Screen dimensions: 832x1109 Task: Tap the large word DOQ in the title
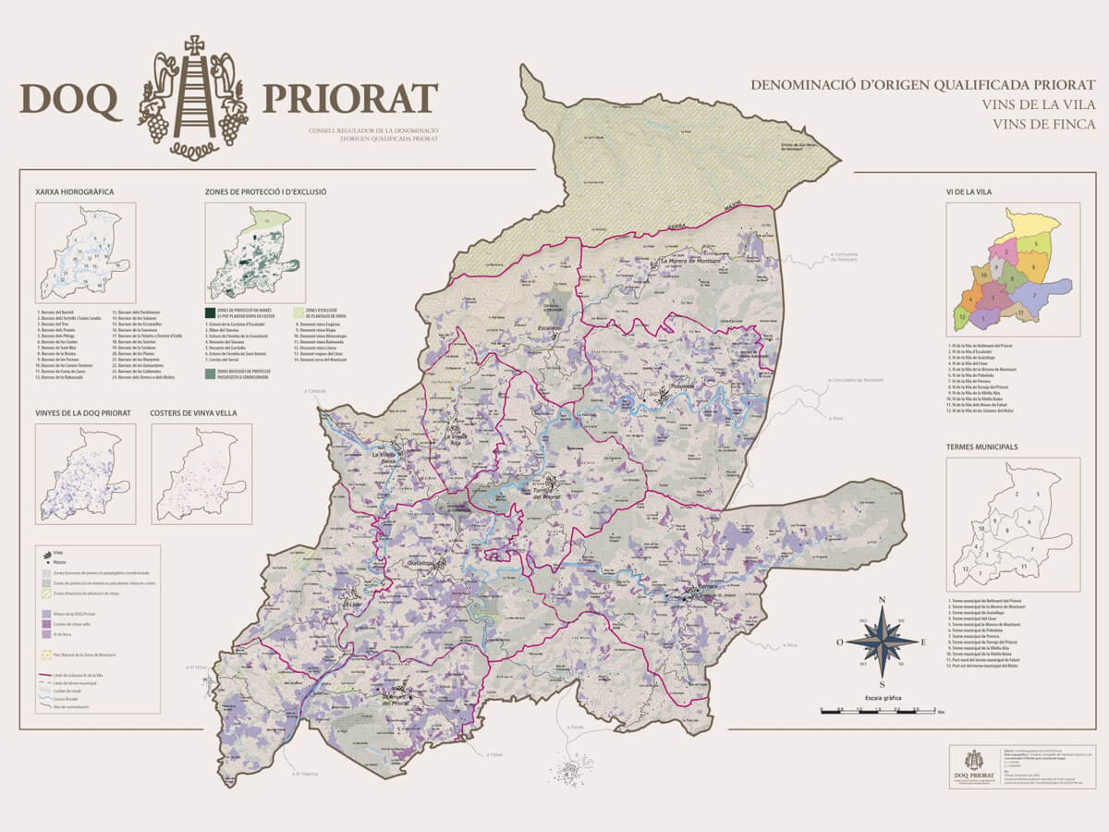pos(70,100)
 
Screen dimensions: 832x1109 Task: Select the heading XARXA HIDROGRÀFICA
pos(74,192)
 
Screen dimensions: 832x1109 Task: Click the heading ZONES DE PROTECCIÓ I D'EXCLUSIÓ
pos(265,192)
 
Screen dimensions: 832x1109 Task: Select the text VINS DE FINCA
pos(1044,124)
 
